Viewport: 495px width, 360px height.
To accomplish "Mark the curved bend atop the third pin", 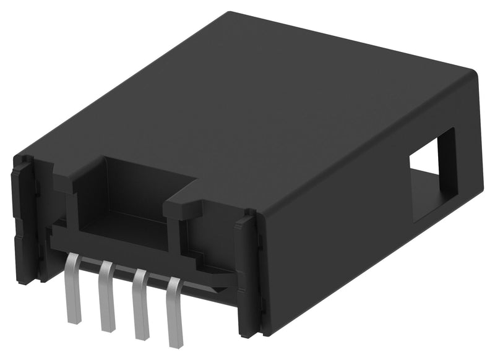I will point(141,274).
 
